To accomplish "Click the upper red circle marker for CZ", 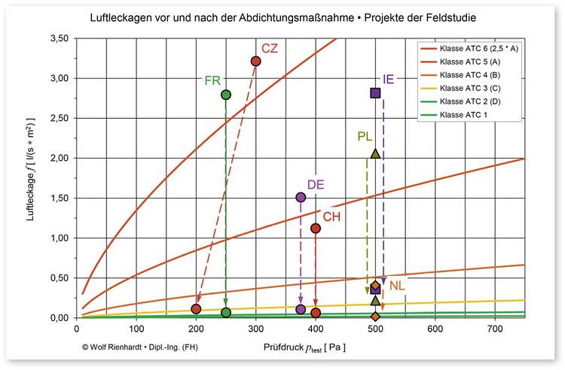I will point(255,61).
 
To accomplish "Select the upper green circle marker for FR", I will point(225,95).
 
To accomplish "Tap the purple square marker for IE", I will point(375,92).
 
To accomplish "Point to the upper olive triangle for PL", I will point(375,153).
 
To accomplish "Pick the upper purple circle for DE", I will point(301,197).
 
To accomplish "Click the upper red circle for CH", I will point(316,228).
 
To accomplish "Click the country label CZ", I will point(270,49).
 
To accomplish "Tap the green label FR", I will point(212,80).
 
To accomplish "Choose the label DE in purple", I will point(315,185).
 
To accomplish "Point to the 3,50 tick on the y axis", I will point(58,38).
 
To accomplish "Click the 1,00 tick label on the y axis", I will point(58,238).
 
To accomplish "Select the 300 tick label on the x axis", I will point(255,329).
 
